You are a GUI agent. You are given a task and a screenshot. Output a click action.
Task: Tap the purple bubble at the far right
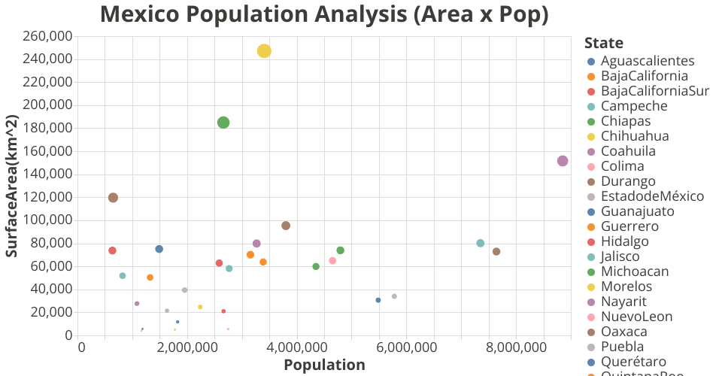coord(563,161)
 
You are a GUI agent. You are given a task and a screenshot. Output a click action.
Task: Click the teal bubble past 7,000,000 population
coord(481,243)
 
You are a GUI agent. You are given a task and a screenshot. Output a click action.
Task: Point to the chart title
coord(323,14)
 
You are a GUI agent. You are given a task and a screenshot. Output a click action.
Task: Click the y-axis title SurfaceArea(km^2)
coord(12,186)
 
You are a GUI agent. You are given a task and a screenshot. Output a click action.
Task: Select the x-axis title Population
coord(324,365)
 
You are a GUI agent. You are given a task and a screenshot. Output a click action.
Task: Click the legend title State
coord(603,43)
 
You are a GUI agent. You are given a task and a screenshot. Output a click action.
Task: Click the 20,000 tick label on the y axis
coord(52,312)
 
